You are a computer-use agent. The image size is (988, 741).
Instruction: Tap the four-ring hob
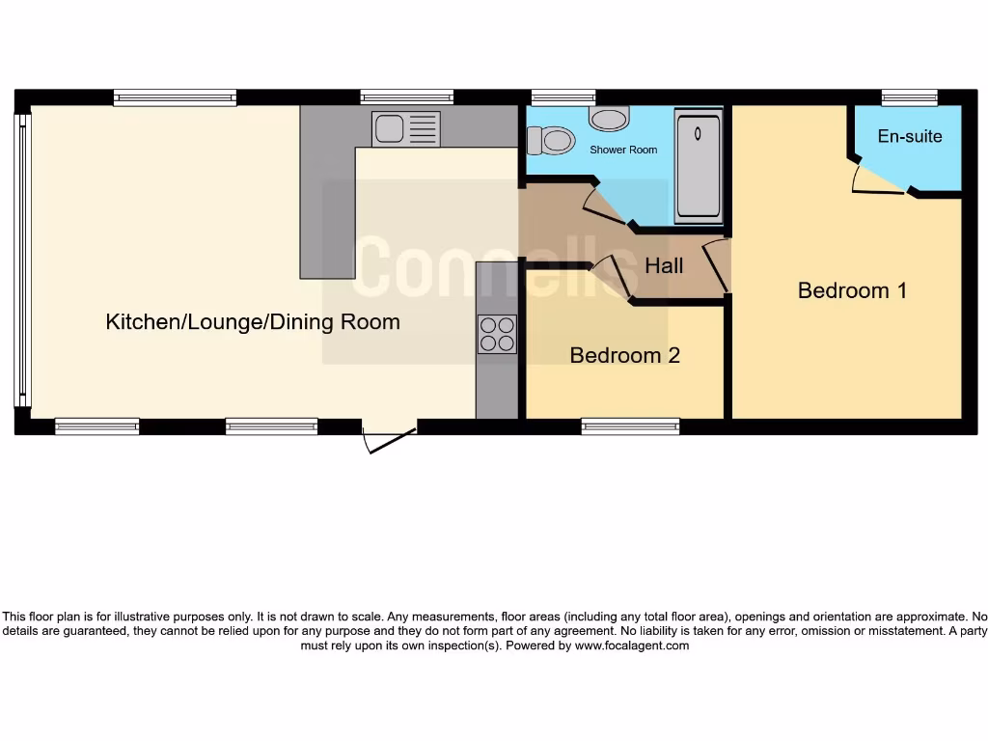click(x=497, y=334)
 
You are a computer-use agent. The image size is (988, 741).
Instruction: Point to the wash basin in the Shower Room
click(x=608, y=119)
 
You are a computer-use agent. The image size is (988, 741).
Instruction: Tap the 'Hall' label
click(x=664, y=265)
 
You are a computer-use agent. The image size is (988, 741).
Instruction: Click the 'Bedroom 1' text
click(x=852, y=290)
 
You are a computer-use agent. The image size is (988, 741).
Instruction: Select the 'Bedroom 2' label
click(x=624, y=355)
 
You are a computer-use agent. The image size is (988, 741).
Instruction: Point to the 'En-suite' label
click(x=909, y=136)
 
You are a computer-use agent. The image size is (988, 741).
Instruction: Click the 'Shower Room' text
click(x=623, y=150)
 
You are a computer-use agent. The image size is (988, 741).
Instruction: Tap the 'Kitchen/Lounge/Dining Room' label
click(x=253, y=321)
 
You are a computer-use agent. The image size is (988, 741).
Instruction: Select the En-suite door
click(x=876, y=183)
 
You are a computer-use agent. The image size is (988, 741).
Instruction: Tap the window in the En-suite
click(x=909, y=96)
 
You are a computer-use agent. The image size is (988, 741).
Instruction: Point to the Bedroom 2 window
click(x=630, y=426)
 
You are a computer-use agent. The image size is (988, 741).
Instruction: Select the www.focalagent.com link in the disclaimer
click(x=632, y=645)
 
